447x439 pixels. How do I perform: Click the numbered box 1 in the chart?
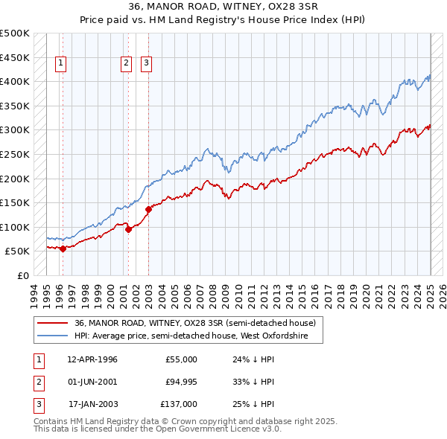click(60, 64)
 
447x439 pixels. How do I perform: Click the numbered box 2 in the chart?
click(127, 64)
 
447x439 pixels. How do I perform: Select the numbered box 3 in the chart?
click(146, 64)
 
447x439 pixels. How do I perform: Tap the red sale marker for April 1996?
click(63, 249)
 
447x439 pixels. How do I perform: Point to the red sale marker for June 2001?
click(128, 229)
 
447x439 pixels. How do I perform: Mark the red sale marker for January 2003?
click(148, 209)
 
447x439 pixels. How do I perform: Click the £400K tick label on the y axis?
click(15, 81)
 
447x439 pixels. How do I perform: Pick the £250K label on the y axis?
click(15, 154)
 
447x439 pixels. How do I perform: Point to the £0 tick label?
click(22, 275)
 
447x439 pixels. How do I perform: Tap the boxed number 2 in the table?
click(37, 382)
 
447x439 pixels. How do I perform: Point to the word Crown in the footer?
click(206, 421)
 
